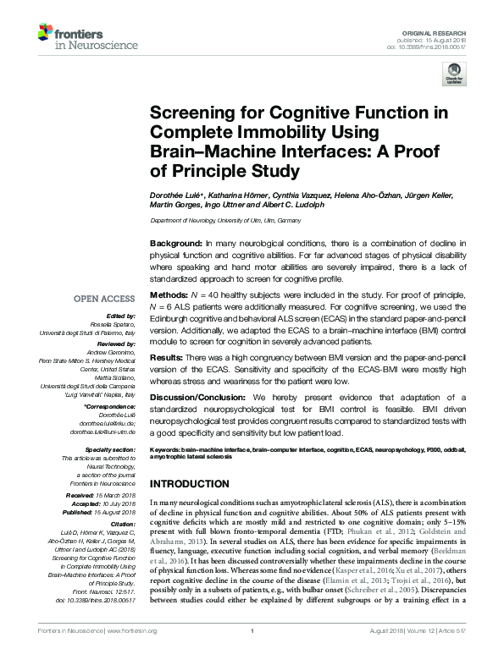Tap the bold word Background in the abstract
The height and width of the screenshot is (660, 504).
pyautogui.click(x=175, y=243)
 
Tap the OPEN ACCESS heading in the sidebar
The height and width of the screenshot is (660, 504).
pyautogui.click(x=103, y=299)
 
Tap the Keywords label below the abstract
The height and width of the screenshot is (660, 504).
pyautogui.click(x=166, y=448)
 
